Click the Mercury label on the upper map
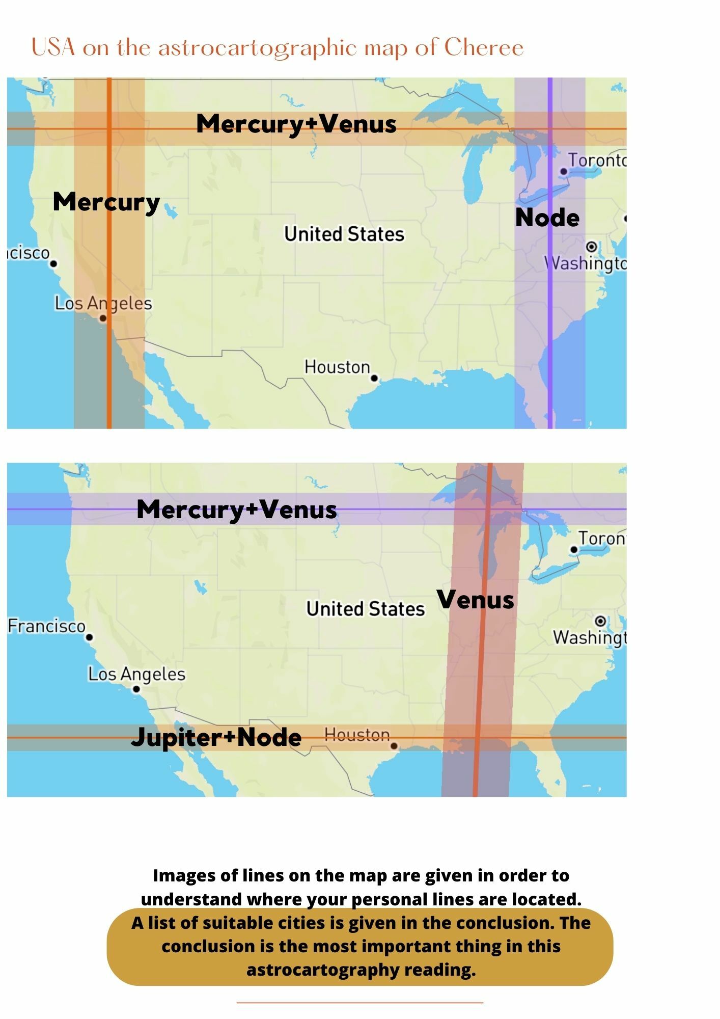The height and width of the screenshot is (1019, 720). click(106, 202)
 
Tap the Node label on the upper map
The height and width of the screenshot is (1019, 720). click(547, 218)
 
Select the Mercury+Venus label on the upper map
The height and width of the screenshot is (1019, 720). click(296, 124)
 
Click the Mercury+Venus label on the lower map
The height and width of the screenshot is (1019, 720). click(237, 509)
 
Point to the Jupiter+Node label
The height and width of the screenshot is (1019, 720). click(216, 737)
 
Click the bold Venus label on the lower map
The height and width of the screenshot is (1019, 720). click(475, 600)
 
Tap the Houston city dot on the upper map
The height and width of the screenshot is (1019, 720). click(374, 378)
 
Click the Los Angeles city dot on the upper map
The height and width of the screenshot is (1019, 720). click(103, 318)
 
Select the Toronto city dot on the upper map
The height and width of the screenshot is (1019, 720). click(564, 172)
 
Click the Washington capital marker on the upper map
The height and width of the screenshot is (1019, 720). click(591, 247)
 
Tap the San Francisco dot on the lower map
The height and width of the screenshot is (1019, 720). click(90, 637)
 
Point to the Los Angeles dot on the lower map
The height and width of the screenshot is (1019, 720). click(136, 689)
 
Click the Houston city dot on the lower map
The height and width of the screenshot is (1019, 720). click(394, 746)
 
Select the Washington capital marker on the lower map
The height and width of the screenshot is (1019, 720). click(600, 621)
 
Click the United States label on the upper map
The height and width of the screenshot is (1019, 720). click(344, 234)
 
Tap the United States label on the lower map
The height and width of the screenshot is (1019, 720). click(365, 609)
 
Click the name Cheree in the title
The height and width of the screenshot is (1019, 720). click(484, 48)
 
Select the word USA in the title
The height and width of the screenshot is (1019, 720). click(53, 48)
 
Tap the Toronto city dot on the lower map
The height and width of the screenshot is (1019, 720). click(574, 550)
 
